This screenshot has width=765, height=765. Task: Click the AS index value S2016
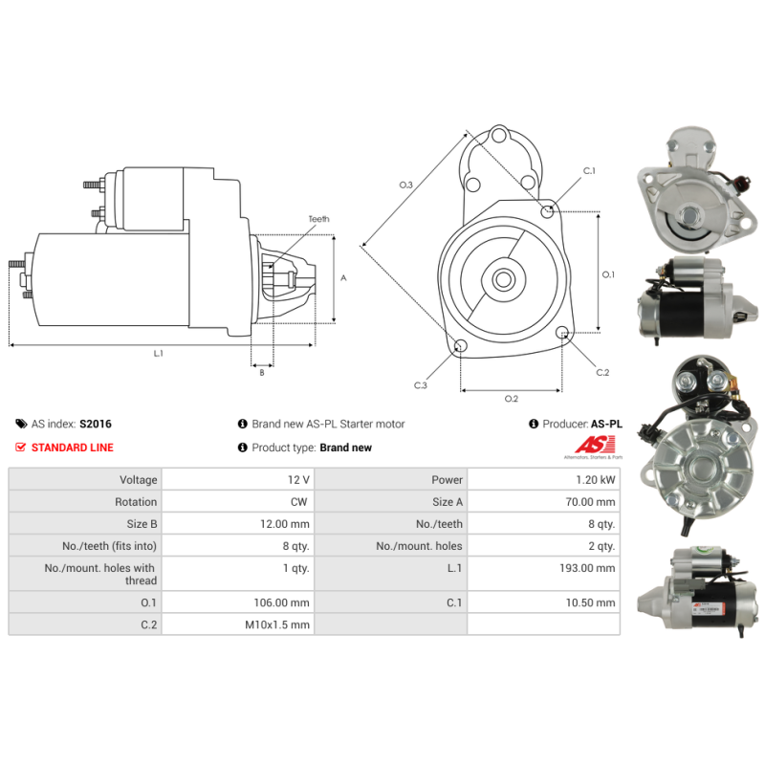[95, 424]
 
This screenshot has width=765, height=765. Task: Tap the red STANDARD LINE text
[73, 448]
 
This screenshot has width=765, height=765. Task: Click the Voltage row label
[139, 480]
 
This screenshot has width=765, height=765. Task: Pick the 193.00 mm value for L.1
[587, 568]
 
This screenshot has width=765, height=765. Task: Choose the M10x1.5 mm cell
[277, 625]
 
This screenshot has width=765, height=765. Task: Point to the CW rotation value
[298, 502]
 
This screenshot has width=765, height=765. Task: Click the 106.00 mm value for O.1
[281, 603]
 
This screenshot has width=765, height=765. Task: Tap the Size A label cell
[448, 502]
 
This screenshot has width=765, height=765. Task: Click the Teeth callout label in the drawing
[318, 219]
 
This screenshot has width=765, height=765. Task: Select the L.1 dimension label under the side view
[158, 353]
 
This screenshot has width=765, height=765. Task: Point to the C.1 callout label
[589, 171]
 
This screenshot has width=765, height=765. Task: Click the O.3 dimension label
[405, 185]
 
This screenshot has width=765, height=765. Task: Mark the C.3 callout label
[420, 385]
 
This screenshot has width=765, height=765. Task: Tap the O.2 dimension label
[511, 399]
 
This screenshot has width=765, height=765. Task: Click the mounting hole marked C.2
[561, 333]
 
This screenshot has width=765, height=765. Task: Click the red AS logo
[595, 445]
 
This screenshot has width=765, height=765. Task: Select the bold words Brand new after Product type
[346, 448]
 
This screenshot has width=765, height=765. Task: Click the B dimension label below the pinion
[262, 373]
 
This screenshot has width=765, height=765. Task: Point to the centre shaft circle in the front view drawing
[503, 279]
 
